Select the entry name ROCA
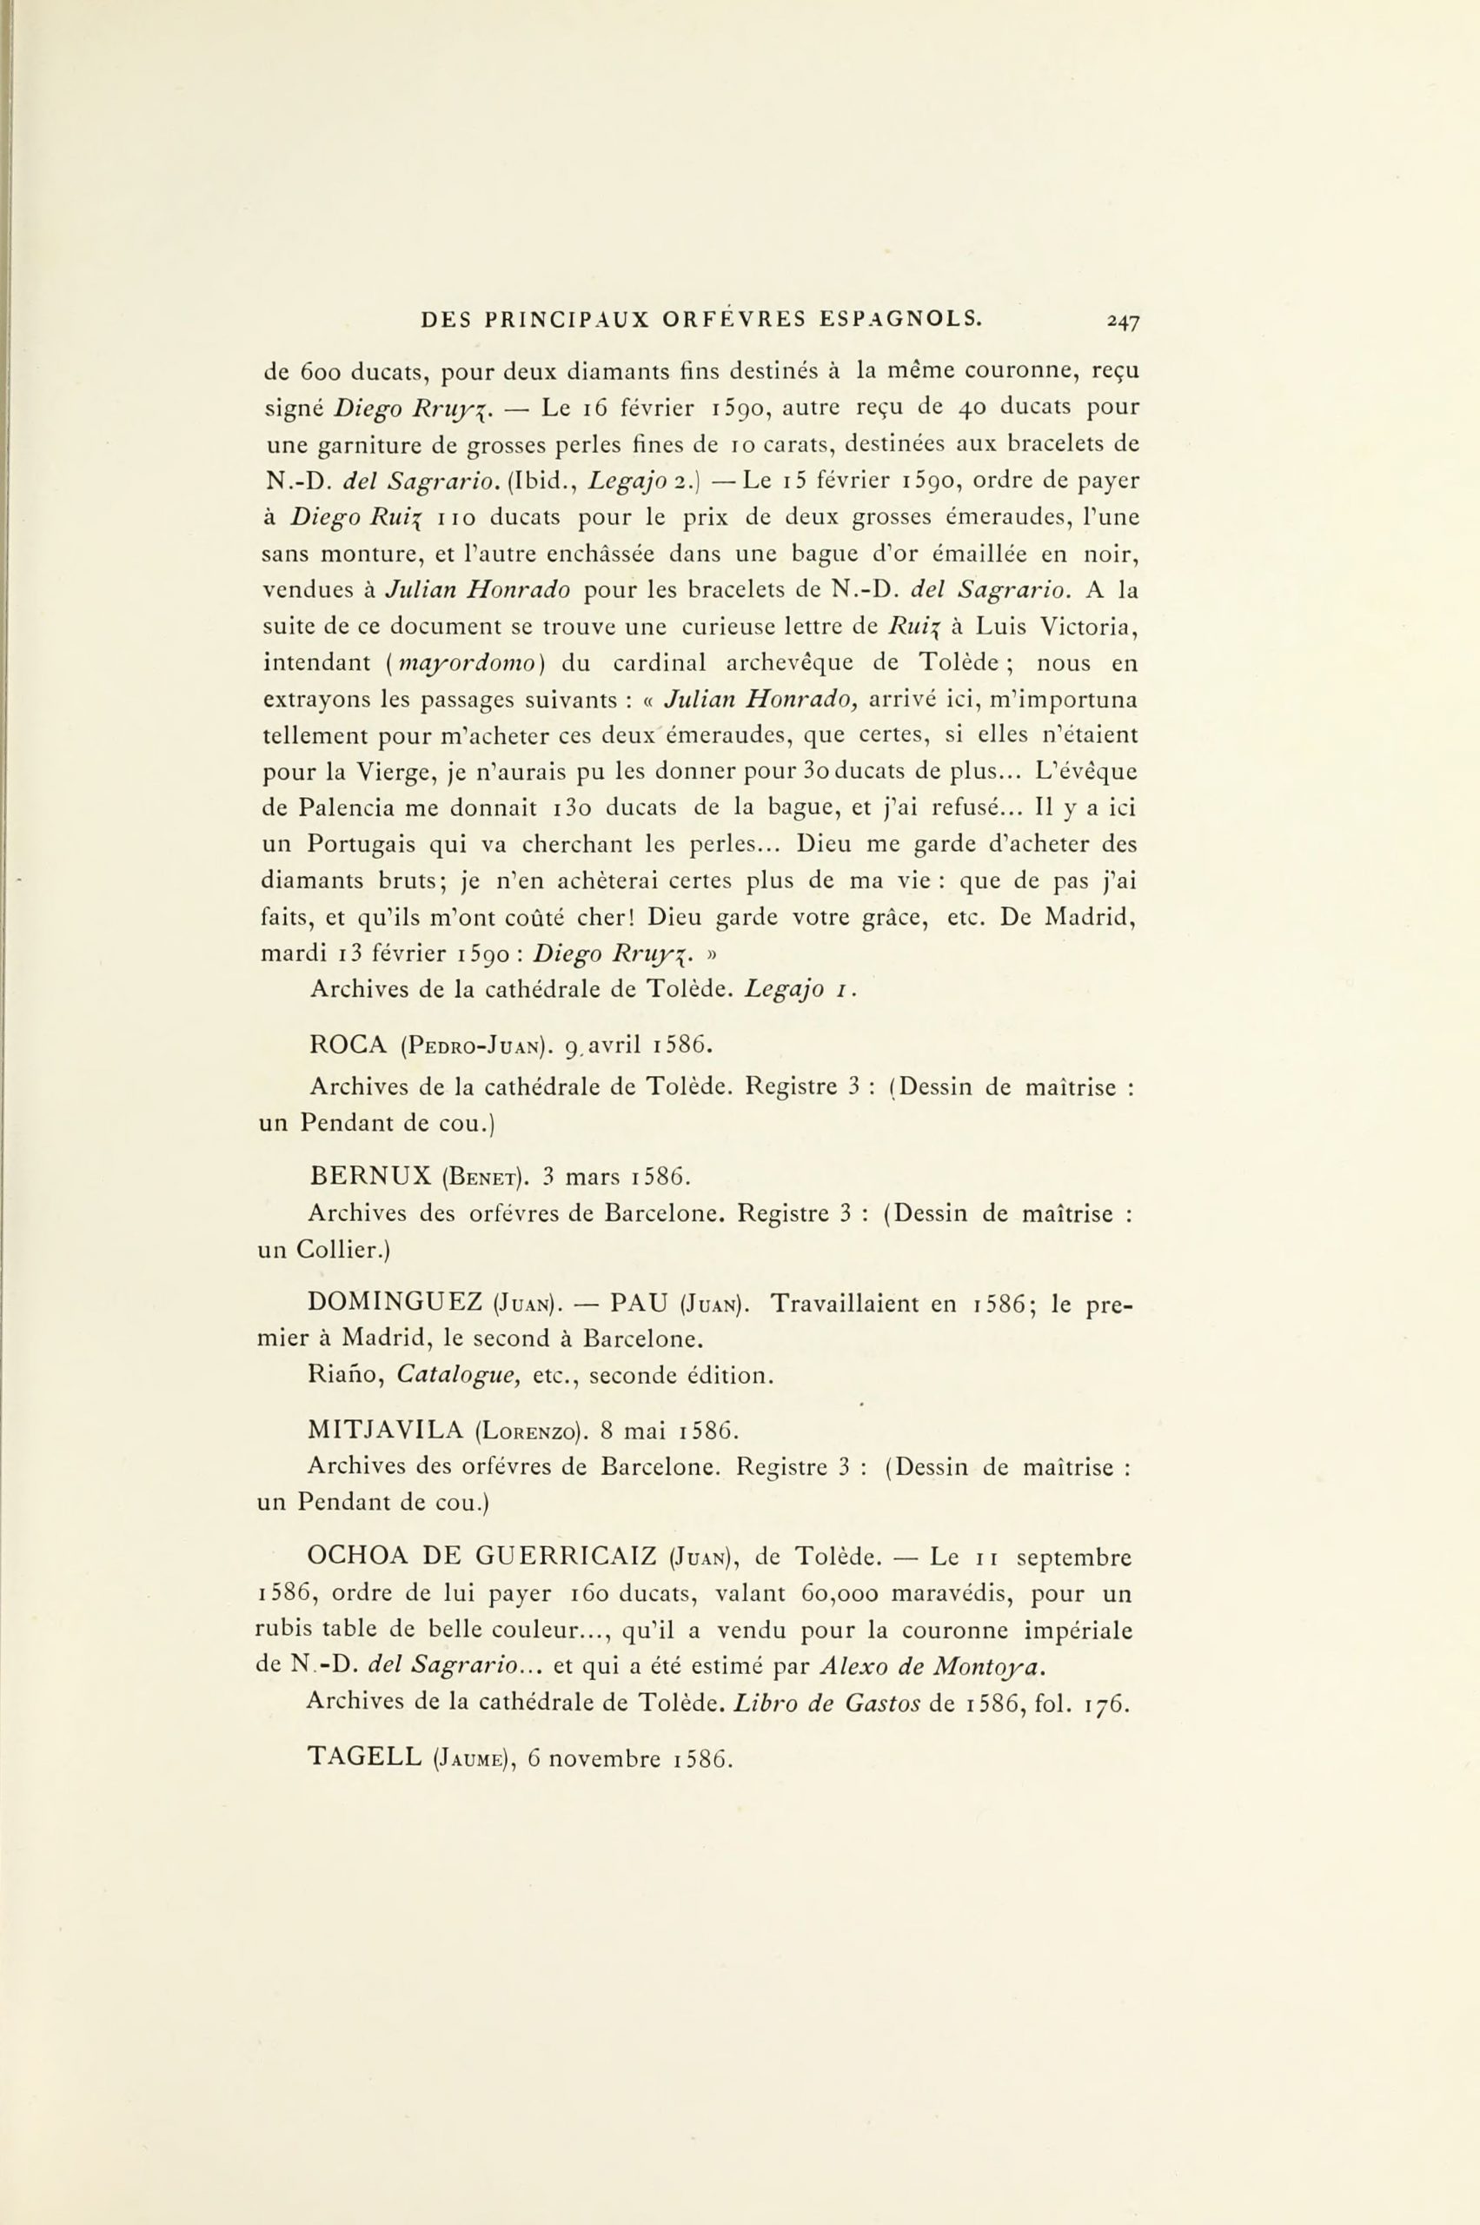tap(348, 1045)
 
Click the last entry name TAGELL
tap(364, 1757)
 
